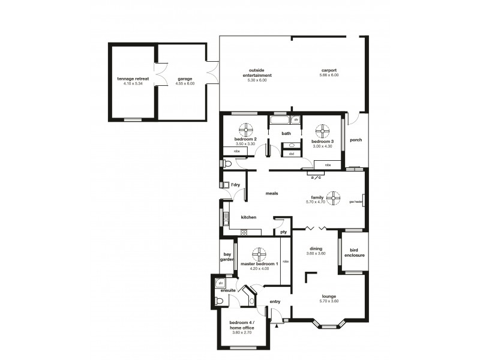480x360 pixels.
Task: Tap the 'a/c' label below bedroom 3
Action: point(315,177)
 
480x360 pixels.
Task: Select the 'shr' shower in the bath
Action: point(296,120)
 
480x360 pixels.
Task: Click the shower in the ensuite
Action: point(220,283)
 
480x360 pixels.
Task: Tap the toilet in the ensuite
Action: point(220,301)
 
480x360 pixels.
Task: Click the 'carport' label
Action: point(328,70)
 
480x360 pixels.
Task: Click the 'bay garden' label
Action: point(227,257)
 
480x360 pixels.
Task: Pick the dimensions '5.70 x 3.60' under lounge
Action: point(328,301)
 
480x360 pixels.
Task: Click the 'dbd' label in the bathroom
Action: point(291,154)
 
